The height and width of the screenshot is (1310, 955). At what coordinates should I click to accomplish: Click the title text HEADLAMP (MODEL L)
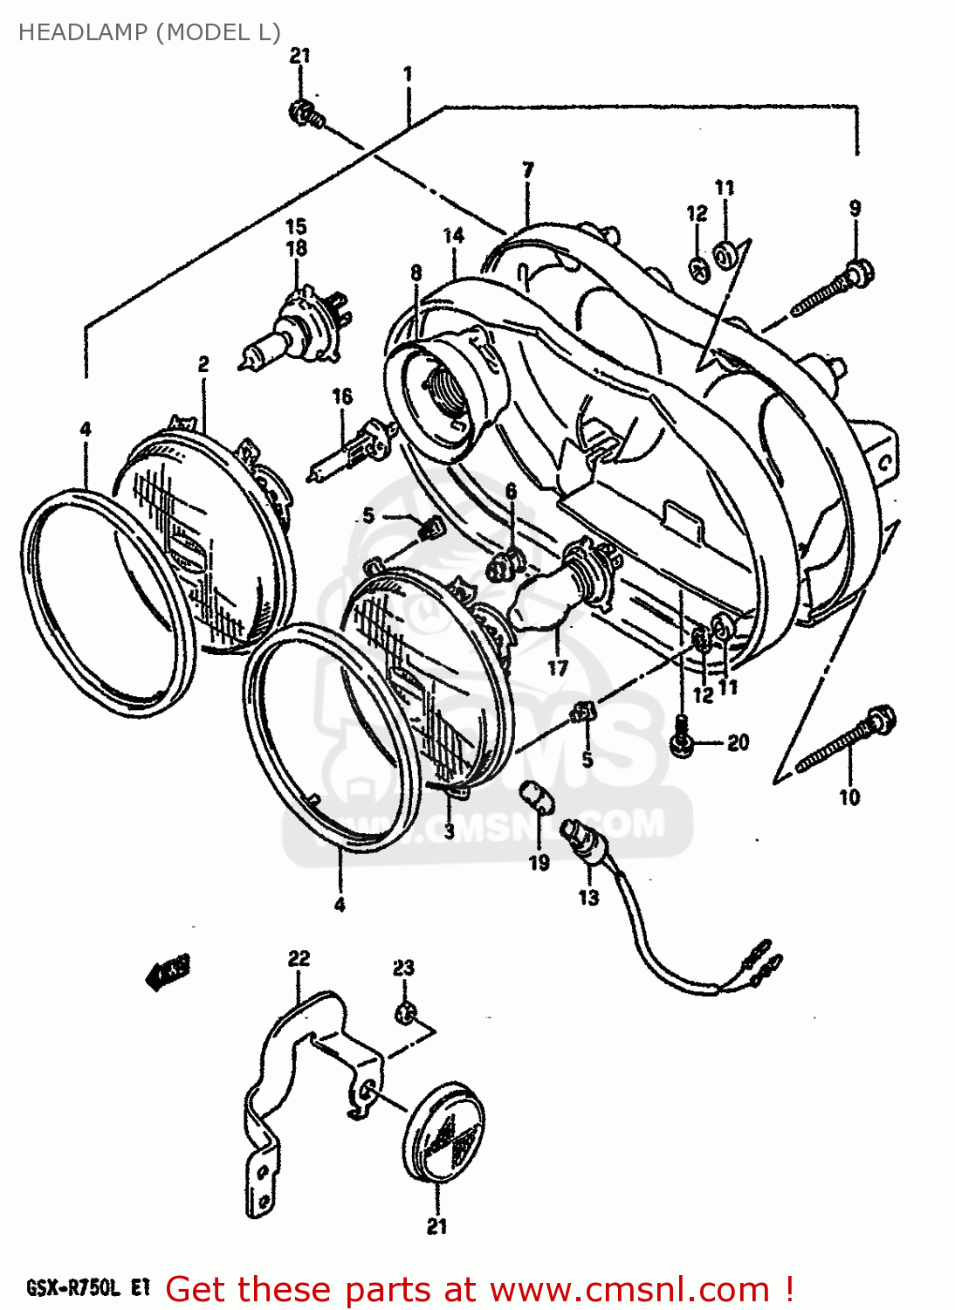tap(149, 32)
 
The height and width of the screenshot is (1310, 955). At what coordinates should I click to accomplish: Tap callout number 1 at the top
tap(408, 73)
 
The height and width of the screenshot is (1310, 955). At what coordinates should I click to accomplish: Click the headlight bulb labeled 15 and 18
tap(293, 328)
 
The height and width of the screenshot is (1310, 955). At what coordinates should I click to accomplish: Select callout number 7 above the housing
tap(528, 169)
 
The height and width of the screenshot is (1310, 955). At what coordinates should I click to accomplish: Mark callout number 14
tap(453, 235)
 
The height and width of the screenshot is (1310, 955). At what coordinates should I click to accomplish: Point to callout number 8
tap(416, 272)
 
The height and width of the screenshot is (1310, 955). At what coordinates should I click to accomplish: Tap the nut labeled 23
tap(403, 1014)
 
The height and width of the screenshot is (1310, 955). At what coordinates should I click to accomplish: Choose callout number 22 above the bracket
tap(299, 958)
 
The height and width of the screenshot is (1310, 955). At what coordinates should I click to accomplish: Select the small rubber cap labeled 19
tap(532, 796)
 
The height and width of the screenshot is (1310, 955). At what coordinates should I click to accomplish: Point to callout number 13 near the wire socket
tap(588, 897)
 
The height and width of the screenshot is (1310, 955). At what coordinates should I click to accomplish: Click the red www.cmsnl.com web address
tap(629, 1289)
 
